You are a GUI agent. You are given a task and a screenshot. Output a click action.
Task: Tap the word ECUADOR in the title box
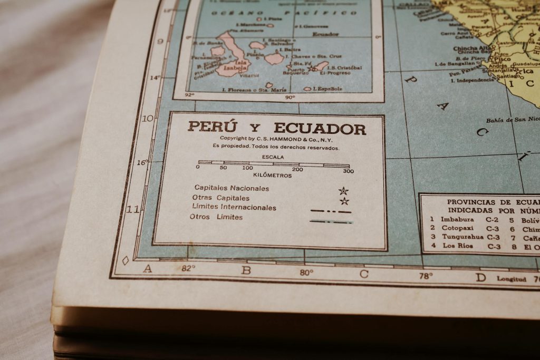point(320,129)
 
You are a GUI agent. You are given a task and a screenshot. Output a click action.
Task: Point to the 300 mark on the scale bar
point(348,171)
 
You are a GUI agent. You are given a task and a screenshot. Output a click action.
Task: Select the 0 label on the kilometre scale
point(198,167)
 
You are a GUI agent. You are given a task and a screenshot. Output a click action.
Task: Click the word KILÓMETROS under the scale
point(272,176)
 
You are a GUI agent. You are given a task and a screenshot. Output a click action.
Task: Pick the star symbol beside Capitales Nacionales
point(343,191)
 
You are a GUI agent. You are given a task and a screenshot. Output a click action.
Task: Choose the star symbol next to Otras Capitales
point(344,201)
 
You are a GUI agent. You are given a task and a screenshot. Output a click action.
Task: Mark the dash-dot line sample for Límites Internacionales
point(331,211)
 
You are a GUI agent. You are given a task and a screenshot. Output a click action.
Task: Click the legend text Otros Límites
point(216,217)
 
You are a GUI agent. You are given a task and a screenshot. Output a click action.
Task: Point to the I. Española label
point(327,89)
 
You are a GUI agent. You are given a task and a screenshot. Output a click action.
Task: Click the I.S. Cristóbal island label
point(344,67)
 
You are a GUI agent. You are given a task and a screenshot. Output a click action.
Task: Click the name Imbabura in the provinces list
point(457,219)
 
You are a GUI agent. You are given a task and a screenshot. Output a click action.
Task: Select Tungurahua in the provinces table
point(462,237)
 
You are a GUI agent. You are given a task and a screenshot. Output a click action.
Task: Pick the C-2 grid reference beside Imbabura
point(493,219)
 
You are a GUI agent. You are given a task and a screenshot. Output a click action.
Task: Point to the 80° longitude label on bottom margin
point(306,272)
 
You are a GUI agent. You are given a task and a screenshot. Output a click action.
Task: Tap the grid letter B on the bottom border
point(246,270)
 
